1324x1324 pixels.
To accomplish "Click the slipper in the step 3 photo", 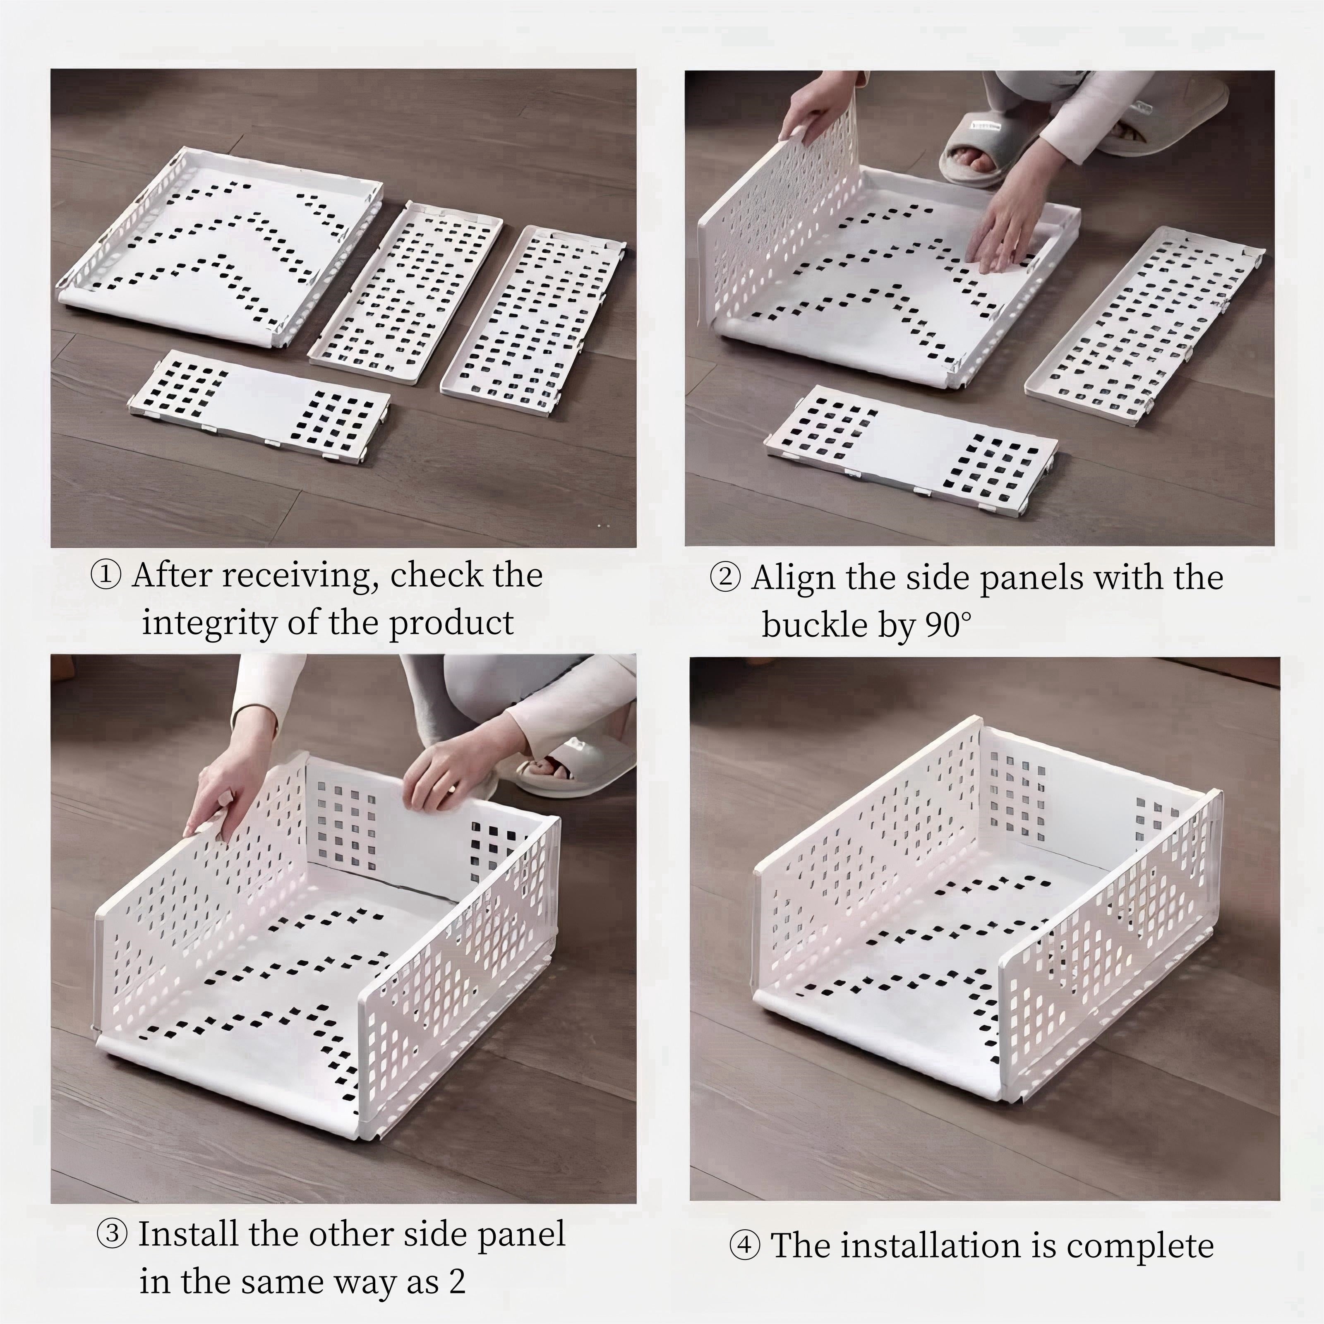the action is [569, 768].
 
